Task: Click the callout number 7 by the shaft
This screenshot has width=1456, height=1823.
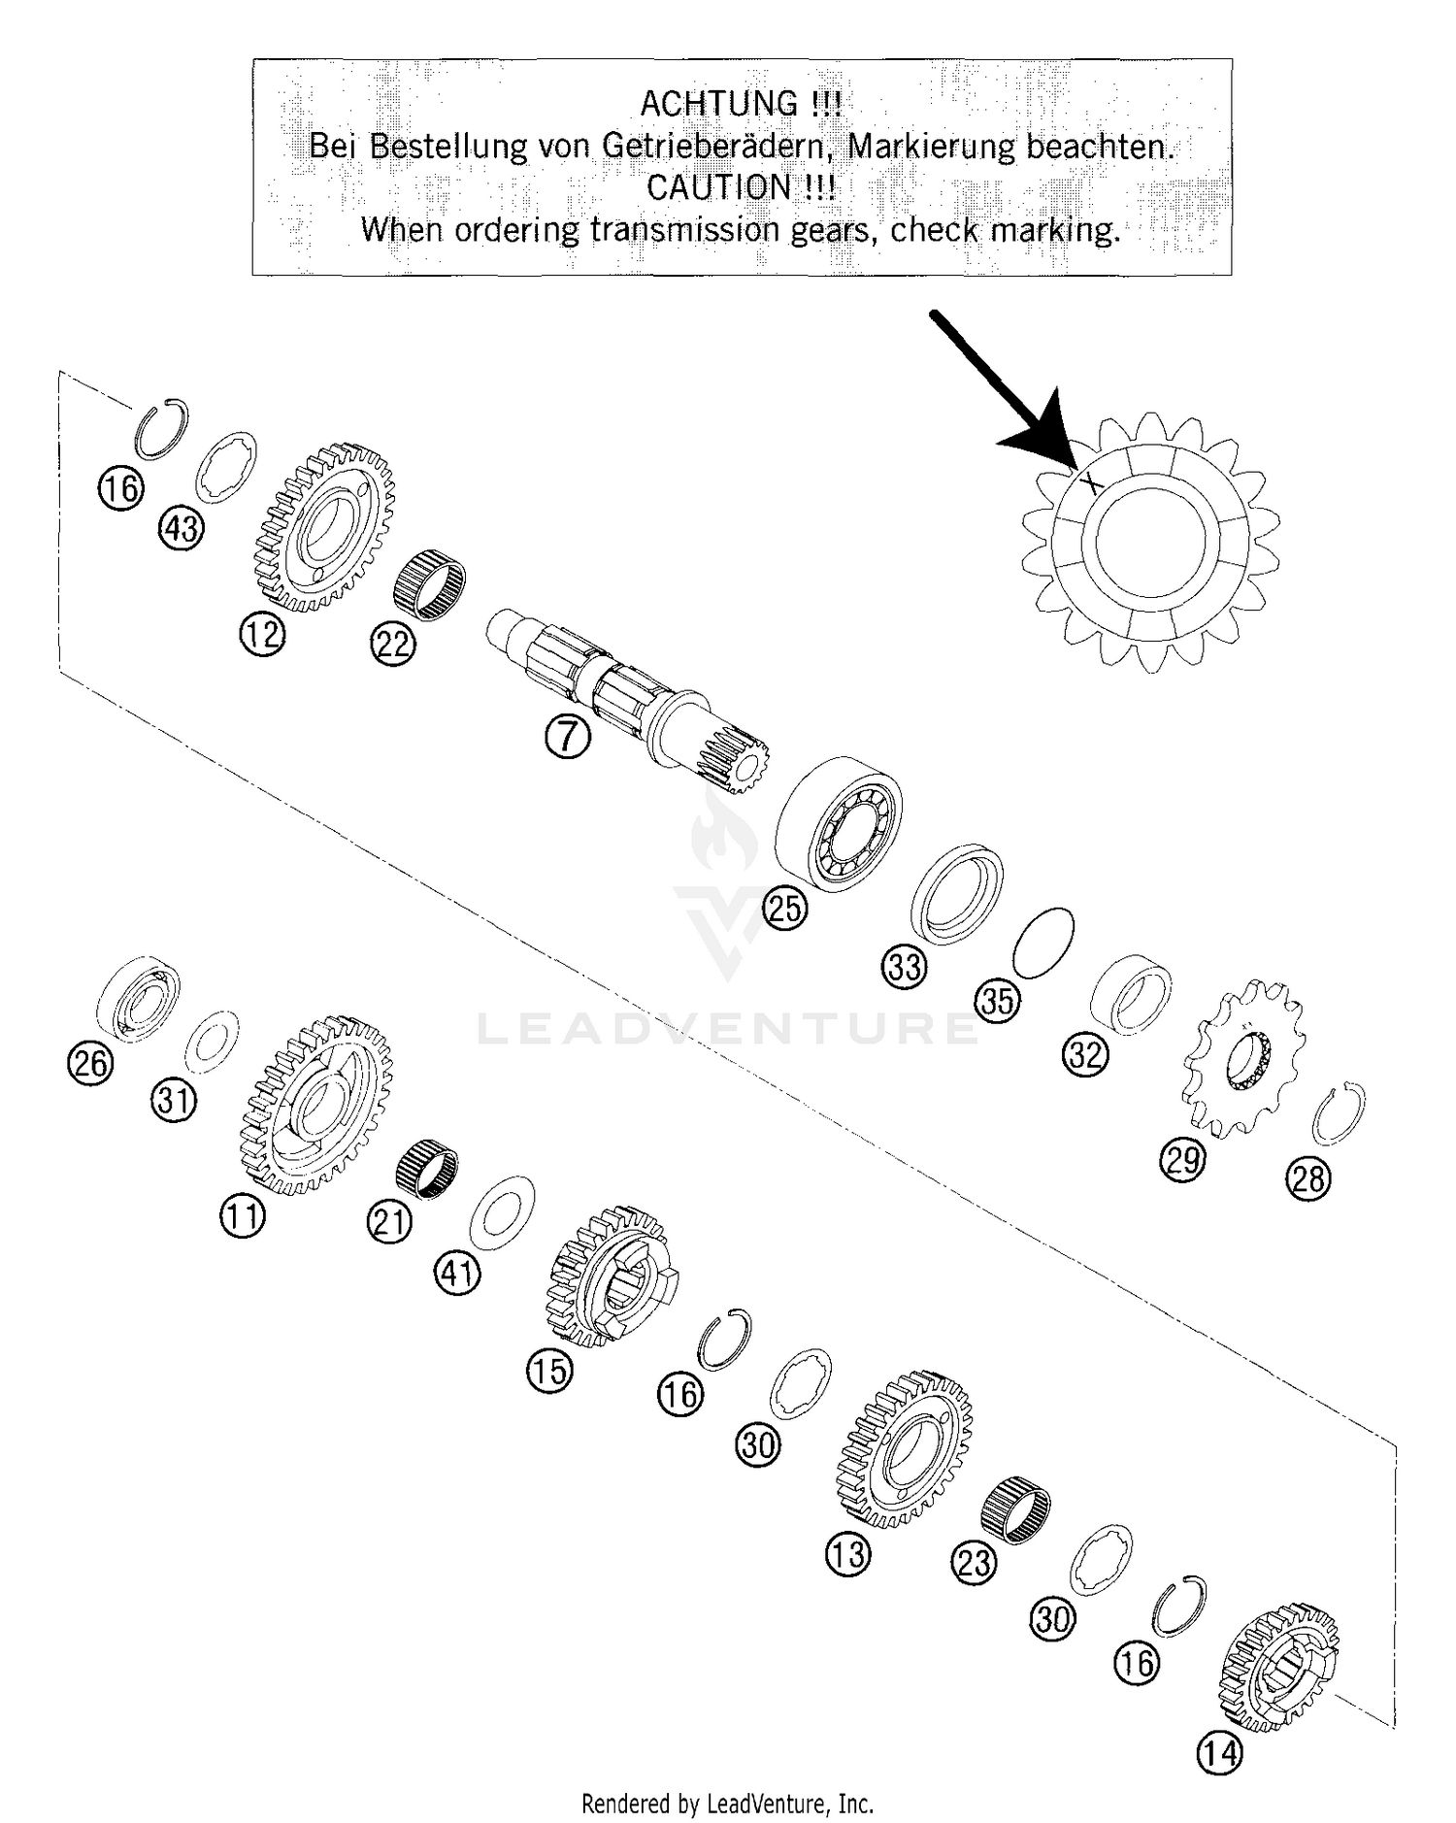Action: click(567, 739)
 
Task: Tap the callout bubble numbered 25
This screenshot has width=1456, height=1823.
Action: click(785, 909)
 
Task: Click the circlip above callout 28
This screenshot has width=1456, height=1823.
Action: click(1339, 1112)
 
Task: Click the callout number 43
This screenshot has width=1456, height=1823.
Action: click(182, 529)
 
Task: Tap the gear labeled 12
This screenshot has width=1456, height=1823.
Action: click(325, 527)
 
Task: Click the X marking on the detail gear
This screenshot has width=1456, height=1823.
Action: click(1091, 480)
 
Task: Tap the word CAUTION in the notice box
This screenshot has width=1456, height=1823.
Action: click(719, 187)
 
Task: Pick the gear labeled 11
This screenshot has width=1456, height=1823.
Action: click(316, 1104)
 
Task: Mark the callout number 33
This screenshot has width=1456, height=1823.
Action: click(905, 968)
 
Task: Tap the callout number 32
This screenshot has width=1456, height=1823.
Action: click(1086, 1053)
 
